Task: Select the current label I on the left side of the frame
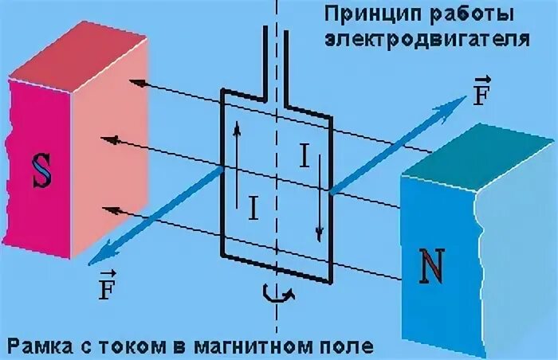pos(253,208)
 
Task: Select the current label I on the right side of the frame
pos(304,157)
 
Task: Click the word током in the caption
pos(139,346)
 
